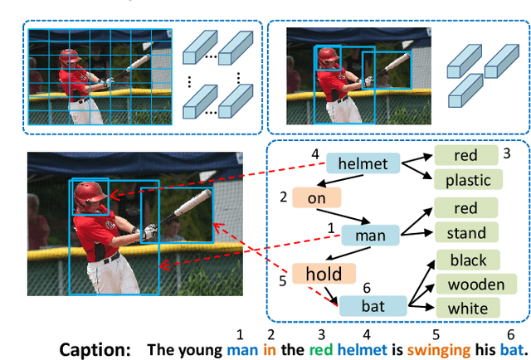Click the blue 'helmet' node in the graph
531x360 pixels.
(363, 163)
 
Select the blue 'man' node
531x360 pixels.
(370, 236)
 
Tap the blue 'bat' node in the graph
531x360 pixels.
(373, 306)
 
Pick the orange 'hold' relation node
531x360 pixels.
(323, 274)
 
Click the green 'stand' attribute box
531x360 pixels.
(465, 233)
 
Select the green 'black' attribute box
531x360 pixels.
(468, 260)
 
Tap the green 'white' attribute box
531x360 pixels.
(468, 309)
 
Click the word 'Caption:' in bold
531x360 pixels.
(95, 349)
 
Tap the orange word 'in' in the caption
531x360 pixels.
(269, 349)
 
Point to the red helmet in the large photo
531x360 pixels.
(89, 195)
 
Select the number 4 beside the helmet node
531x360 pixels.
(315, 154)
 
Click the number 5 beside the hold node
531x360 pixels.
(282, 281)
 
